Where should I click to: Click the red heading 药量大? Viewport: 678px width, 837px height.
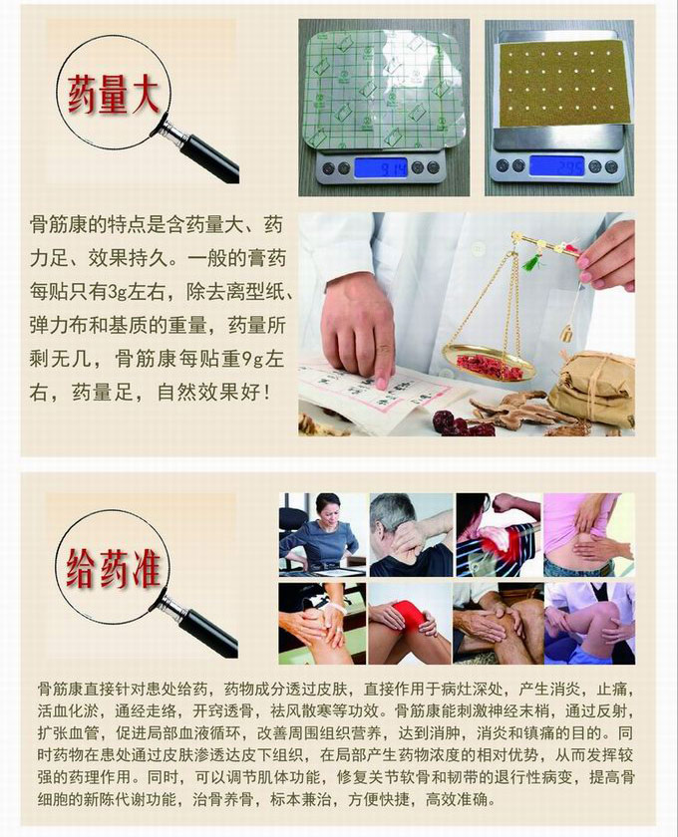(x=114, y=94)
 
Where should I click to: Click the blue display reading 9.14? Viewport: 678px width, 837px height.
(x=381, y=168)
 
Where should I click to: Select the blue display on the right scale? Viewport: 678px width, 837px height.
(x=556, y=166)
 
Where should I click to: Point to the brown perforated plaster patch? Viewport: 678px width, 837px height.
(x=560, y=86)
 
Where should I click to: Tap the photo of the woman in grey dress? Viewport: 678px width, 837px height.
(x=323, y=534)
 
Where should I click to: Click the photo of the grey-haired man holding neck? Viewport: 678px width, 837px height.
(x=411, y=534)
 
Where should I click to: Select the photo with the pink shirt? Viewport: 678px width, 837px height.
(x=589, y=534)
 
